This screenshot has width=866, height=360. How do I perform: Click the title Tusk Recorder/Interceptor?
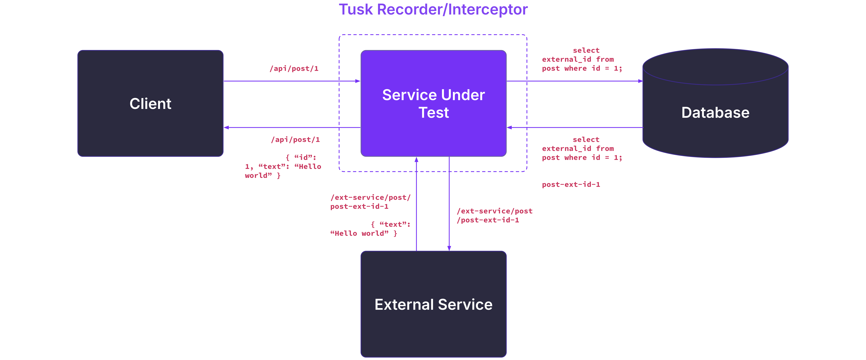coord(433,9)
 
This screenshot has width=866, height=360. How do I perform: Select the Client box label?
coord(150,103)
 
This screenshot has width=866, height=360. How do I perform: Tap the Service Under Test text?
coord(433,103)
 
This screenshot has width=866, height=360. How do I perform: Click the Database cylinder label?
coord(715,113)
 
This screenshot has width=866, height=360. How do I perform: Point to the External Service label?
coord(433,305)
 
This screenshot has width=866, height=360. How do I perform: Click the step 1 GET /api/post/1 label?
coord(281,69)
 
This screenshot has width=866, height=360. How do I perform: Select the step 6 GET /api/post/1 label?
coord(282,140)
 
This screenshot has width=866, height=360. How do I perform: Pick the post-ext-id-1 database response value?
coord(571,184)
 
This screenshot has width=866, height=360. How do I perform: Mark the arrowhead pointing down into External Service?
coord(449,248)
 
